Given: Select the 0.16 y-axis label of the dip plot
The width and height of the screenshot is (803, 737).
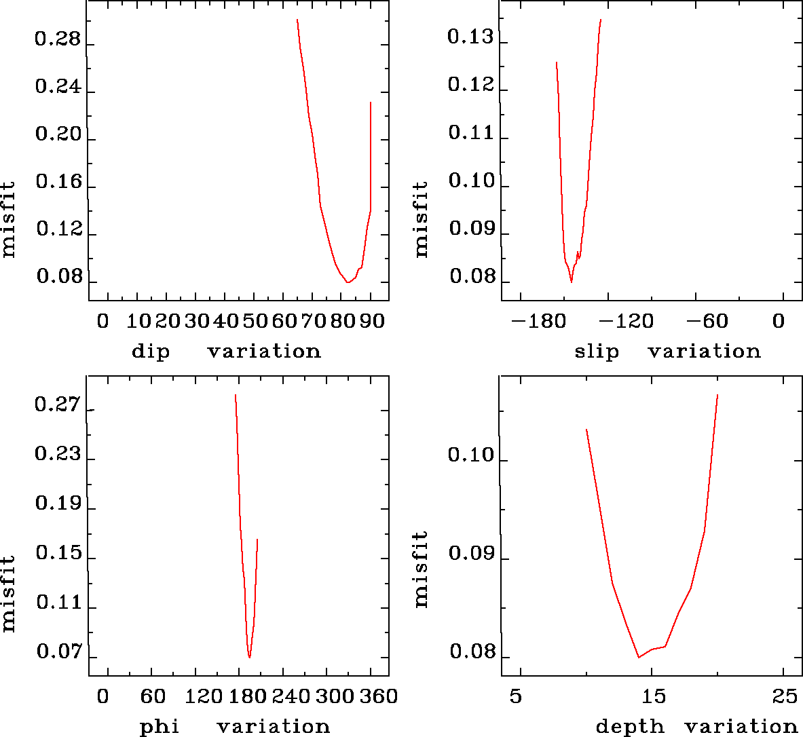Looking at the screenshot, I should click(58, 183).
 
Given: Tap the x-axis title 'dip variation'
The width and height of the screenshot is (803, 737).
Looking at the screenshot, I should click(226, 352).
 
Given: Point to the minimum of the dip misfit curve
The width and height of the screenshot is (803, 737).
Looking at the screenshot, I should click(348, 282).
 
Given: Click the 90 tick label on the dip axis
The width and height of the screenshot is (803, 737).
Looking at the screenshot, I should click(371, 321).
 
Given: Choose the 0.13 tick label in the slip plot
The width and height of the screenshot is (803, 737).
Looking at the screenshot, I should click(470, 37).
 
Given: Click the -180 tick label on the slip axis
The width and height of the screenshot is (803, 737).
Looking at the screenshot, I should click(534, 321).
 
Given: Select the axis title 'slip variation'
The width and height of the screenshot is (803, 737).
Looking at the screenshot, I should click(667, 352).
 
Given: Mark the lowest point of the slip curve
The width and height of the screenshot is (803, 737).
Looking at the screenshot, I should click(572, 282).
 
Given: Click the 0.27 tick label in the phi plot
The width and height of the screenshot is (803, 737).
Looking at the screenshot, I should click(58, 406).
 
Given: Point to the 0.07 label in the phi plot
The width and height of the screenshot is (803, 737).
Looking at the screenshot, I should click(59, 653).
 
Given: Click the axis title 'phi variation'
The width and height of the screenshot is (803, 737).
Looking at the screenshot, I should click(234, 727).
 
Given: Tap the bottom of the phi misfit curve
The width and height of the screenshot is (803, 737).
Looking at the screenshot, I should click(250, 658).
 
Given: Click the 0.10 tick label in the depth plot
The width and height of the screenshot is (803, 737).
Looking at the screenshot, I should click(471, 455).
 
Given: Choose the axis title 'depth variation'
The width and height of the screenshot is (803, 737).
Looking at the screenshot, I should click(696, 727).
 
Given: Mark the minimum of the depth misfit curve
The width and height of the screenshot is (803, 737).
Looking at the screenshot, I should click(639, 657).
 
